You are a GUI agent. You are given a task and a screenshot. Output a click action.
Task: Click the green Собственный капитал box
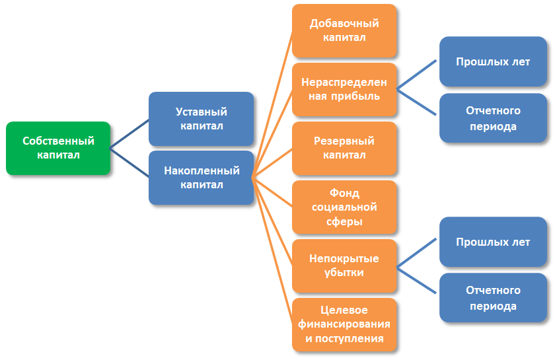click(x=58, y=148)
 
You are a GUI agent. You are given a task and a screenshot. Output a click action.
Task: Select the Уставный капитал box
click(x=201, y=119)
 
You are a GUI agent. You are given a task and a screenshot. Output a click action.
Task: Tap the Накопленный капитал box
click(x=201, y=178)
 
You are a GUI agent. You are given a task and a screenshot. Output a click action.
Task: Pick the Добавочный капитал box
click(x=344, y=30)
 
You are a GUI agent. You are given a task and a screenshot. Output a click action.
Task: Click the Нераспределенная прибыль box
click(x=344, y=89)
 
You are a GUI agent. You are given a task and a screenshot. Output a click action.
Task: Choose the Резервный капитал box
click(x=344, y=148)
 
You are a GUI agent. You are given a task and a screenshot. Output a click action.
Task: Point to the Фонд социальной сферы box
click(x=344, y=207)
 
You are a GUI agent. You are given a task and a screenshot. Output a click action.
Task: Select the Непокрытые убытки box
click(x=344, y=266)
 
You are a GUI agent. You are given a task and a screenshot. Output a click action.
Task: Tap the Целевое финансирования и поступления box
click(x=344, y=324)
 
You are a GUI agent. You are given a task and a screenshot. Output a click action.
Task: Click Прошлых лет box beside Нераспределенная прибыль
click(x=492, y=62)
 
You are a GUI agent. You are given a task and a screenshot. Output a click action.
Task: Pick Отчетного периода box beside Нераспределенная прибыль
click(x=492, y=118)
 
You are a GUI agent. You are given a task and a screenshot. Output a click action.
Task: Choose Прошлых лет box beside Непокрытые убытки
click(x=492, y=242)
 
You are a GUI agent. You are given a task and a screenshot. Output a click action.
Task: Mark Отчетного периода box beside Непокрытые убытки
click(x=492, y=298)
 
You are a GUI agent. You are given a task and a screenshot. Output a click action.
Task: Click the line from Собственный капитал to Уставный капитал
click(x=129, y=133)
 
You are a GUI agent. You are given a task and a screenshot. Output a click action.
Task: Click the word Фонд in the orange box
click(x=344, y=193)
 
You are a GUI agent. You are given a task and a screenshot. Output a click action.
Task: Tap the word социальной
click(x=344, y=207)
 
